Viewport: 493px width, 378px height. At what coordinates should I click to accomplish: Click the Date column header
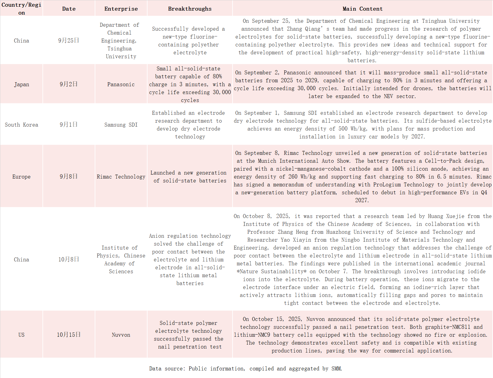tap(69, 9)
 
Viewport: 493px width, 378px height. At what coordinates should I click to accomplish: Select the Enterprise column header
tap(121, 9)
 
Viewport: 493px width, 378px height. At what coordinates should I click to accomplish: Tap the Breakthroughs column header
tap(190, 9)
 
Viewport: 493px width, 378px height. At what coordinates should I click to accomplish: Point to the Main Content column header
tap(362, 9)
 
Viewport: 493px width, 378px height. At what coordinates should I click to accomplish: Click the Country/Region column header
tap(21, 9)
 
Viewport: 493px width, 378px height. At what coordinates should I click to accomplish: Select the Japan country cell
tap(21, 84)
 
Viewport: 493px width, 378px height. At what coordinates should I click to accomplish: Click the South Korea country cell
tap(21, 125)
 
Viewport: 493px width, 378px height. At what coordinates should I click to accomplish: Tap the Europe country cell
tap(21, 177)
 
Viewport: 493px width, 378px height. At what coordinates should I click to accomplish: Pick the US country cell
tap(21, 335)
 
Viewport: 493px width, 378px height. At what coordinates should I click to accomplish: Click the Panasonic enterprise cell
tap(121, 84)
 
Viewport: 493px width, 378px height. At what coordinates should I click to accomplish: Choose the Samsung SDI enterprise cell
tap(121, 125)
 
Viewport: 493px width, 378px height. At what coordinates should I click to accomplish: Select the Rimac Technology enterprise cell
tap(121, 177)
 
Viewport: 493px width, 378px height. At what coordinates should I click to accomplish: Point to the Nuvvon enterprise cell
tap(121, 335)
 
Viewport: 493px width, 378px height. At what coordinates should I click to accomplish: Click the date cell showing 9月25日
tap(69, 40)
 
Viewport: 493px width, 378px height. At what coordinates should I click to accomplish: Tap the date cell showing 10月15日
tap(69, 335)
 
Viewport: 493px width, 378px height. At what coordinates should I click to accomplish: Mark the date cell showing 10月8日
tap(69, 259)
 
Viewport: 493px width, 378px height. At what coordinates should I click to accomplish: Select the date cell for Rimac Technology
tap(69, 176)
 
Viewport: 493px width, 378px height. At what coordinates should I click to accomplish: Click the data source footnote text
tap(246, 369)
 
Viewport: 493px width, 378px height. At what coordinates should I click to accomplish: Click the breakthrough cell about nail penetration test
tap(190, 335)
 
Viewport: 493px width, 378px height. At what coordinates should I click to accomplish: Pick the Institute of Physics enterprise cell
tap(121, 260)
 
